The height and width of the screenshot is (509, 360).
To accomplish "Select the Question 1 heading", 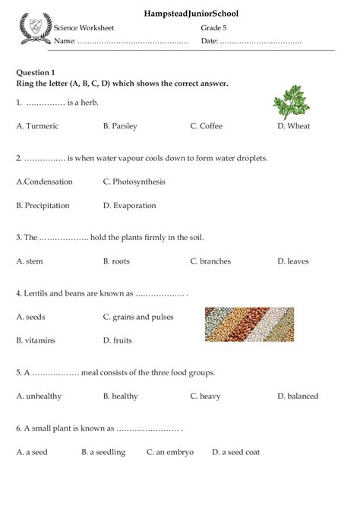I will pos(38,71).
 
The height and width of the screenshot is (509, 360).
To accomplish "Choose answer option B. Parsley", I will pos(120,126).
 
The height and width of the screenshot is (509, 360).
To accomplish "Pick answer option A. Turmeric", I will pos(37,126).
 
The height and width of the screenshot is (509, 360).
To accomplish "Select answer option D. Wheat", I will pos(293,126).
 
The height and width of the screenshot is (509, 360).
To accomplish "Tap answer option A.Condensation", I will pos(45,182).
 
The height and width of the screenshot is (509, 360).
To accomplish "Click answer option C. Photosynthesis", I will pos(134,182).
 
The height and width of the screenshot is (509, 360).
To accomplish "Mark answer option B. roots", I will pos(116,261).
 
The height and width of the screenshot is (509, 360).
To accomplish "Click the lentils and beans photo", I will pos(249,324).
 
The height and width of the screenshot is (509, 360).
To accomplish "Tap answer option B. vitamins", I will pos(36,340).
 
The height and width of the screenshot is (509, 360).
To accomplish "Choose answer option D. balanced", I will pos(298,396).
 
